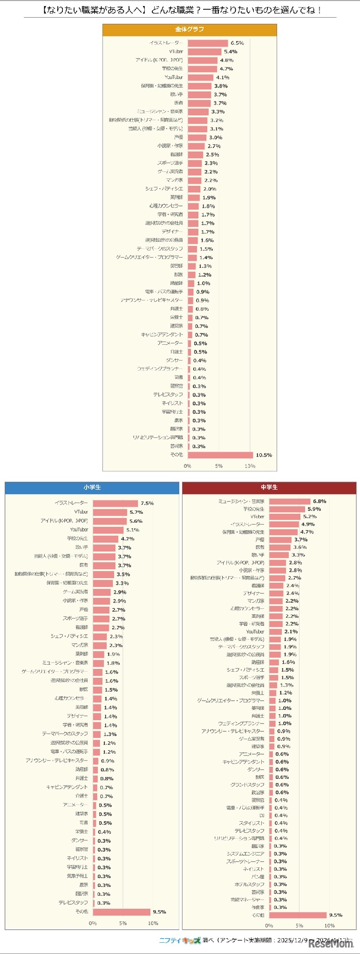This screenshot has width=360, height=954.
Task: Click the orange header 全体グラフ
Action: click(x=190, y=29)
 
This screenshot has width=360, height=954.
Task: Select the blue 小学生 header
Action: click(x=92, y=487)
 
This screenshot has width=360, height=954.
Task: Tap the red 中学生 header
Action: click(x=269, y=487)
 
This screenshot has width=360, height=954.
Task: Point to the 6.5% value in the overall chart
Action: click(x=237, y=43)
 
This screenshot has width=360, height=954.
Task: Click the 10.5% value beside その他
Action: click(x=264, y=455)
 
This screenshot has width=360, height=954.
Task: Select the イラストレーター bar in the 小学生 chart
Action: click(x=115, y=503)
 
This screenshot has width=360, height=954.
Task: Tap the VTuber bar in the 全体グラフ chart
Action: click(x=204, y=52)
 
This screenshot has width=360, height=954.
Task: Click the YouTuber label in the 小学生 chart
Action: click(x=79, y=530)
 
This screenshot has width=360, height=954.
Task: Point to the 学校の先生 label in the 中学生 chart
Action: click(x=253, y=509)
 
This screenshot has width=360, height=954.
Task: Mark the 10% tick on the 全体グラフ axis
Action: click(x=250, y=466)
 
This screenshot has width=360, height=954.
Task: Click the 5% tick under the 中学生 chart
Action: click(x=299, y=926)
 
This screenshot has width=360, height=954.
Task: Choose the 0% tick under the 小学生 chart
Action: click(x=93, y=923)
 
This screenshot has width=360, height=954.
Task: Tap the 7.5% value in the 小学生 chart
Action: click(x=147, y=503)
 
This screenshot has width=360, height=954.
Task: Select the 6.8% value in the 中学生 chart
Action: click(x=319, y=501)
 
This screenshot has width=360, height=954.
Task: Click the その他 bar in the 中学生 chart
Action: click(x=298, y=915)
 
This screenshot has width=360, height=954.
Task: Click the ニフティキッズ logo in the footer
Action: click(x=180, y=940)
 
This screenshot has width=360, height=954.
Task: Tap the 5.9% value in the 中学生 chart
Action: click(x=314, y=509)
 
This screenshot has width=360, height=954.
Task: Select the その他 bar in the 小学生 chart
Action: click(x=121, y=912)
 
